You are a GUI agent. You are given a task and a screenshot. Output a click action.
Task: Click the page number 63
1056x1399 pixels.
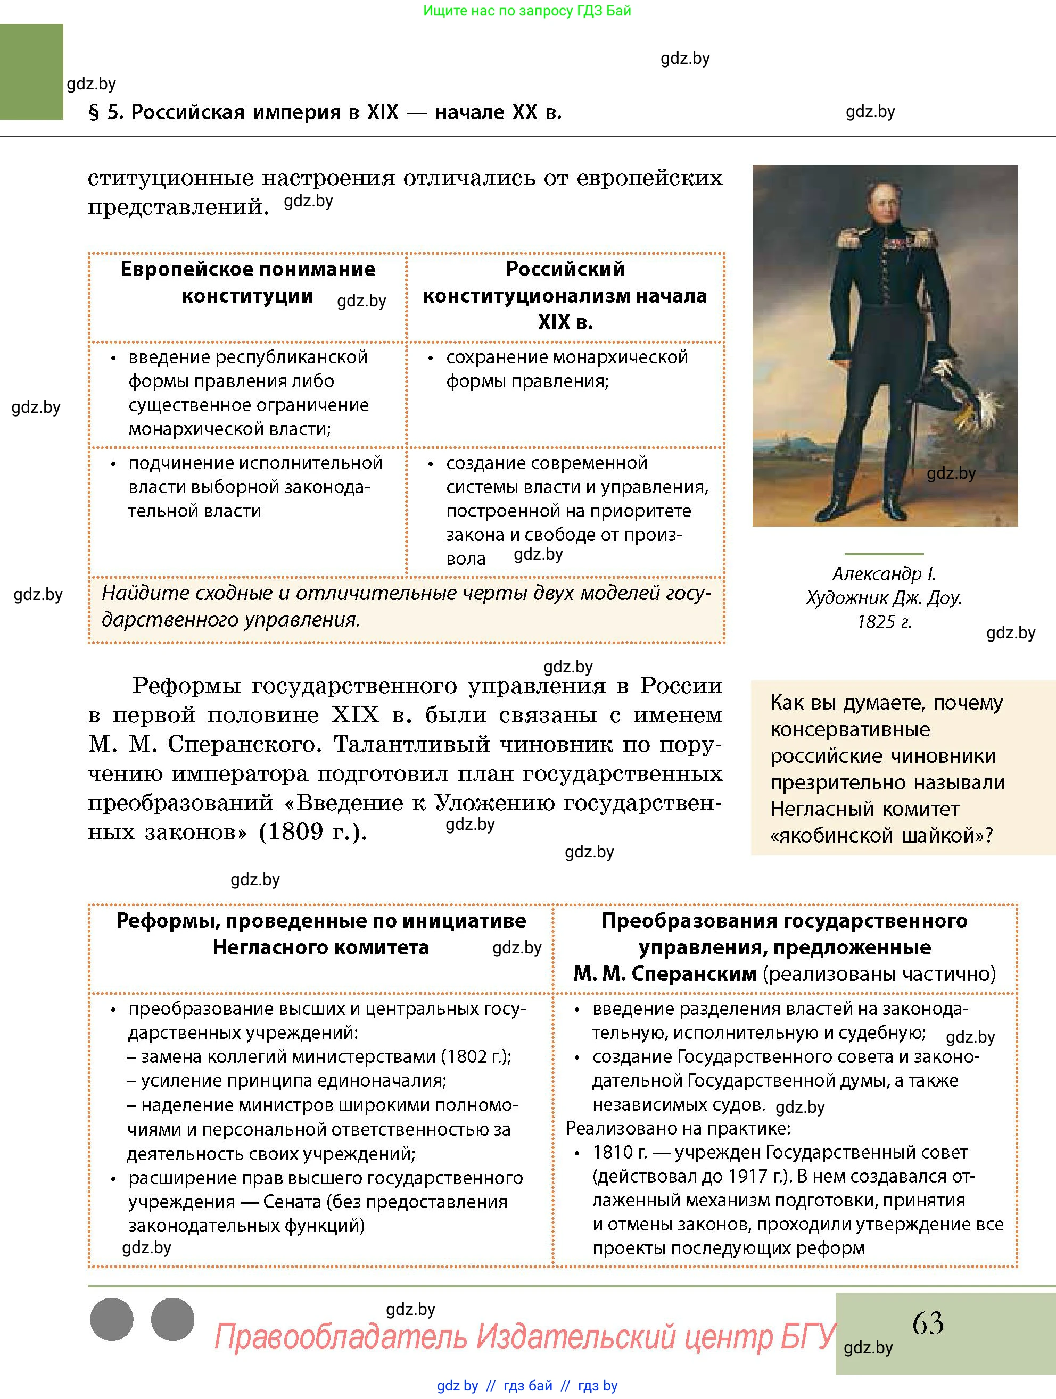click(928, 1322)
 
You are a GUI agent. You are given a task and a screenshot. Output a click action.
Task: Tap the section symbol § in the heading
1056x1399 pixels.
click(94, 113)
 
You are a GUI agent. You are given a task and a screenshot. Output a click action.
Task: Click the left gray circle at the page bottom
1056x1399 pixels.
click(112, 1319)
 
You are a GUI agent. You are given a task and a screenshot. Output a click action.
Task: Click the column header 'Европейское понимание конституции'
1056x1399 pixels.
click(247, 282)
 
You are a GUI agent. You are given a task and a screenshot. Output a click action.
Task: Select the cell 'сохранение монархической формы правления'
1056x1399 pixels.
click(566, 369)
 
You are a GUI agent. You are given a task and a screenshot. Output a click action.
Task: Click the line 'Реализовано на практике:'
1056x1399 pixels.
click(678, 1128)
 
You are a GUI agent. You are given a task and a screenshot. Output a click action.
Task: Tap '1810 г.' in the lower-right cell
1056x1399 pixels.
click(620, 1152)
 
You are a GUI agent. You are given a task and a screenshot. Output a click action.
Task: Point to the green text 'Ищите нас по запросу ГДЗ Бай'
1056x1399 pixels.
click(526, 11)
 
